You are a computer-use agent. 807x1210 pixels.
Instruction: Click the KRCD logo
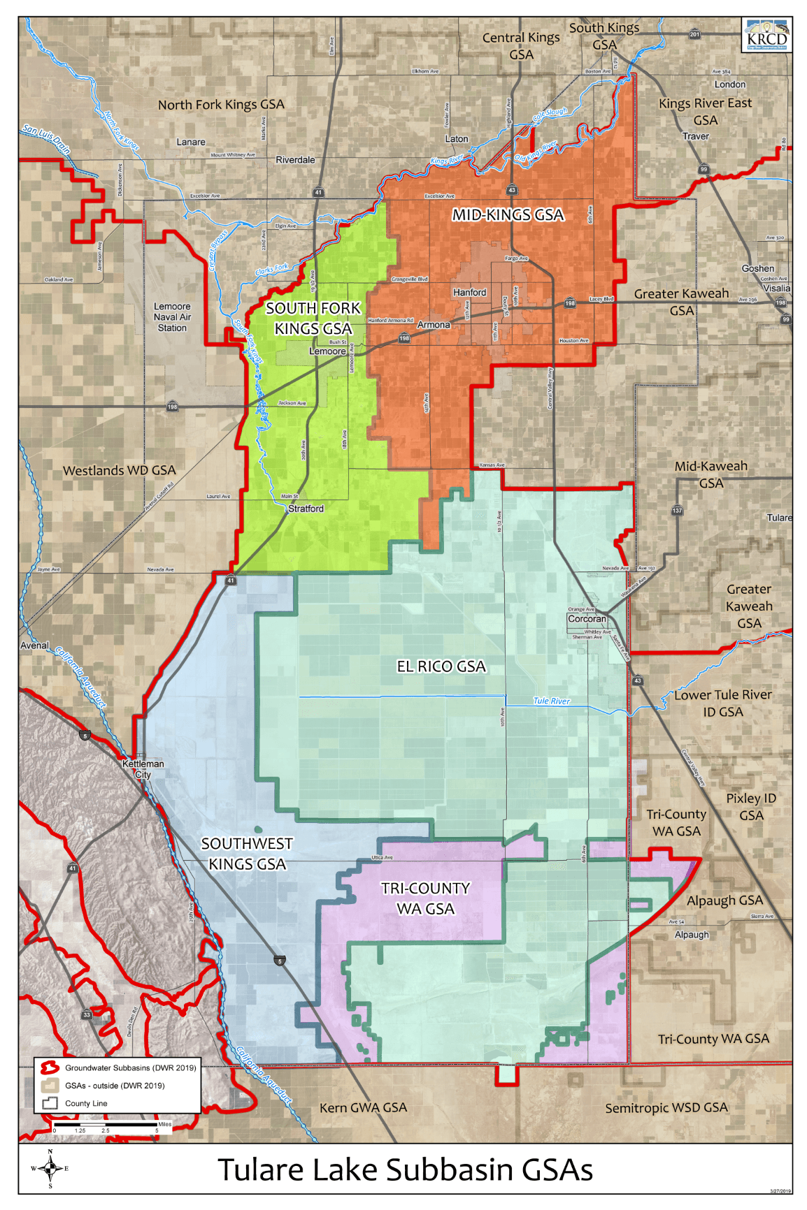click(766, 35)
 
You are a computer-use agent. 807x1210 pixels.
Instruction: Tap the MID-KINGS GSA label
click(508, 215)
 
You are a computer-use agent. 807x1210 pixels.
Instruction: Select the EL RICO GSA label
click(441, 666)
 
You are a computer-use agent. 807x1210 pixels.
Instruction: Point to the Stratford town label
click(306, 509)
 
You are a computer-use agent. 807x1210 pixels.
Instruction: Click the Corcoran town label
click(587, 619)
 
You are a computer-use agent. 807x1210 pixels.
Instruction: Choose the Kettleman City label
click(143, 768)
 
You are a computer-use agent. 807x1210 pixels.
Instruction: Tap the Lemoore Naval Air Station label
click(172, 317)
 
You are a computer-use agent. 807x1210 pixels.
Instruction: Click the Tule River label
click(551, 701)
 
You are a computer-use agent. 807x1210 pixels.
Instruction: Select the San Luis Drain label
click(46, 138)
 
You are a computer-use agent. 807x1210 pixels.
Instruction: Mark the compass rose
click(50, 1168)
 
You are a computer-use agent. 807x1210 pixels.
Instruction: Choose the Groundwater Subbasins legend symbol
click(49, 1067)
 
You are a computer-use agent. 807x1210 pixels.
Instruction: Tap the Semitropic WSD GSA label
click(666, 1108)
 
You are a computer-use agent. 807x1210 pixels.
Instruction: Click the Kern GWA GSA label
click(363, 1108)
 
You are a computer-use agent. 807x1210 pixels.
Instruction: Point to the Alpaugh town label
click(692, 935)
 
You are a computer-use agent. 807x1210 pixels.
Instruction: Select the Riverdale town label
click(295, 160)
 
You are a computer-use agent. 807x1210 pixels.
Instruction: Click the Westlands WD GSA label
click(120, 471)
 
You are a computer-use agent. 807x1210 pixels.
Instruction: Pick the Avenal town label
click(34, 646)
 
